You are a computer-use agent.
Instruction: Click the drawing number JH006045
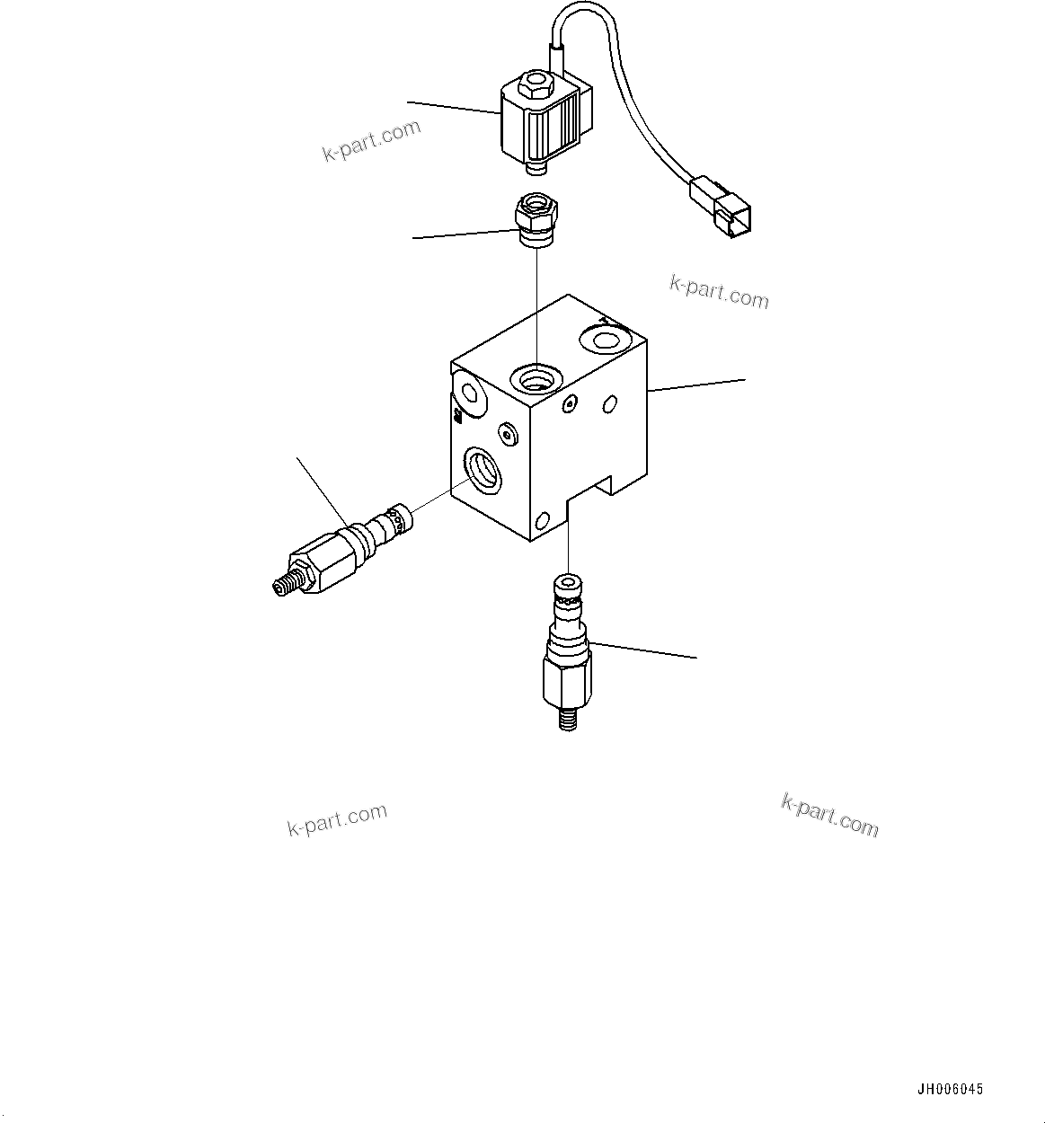pyautogui.click(x=950, y=1090)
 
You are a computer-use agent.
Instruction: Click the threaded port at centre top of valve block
pyautogui.click(x=536, y=378)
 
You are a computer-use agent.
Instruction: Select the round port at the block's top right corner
pyautogui.click(x=601, y=340)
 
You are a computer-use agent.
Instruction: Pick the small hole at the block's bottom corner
pyautogui.click(x=541, y=521)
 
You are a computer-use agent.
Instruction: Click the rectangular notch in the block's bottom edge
pyautogui.click(x=589, y=496)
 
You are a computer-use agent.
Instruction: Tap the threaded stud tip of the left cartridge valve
pyautogui.click(x=283, y=583)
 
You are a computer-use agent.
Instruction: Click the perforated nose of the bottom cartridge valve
pyautogui.click(x=567, y=588)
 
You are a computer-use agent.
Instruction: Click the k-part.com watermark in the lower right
pyautogui.click(x=829, y=816)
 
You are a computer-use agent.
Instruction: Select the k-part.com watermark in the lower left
pyautogui.click(x=337, y=819)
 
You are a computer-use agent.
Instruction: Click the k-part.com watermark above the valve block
pyautogui.click(x=719, y=292)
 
